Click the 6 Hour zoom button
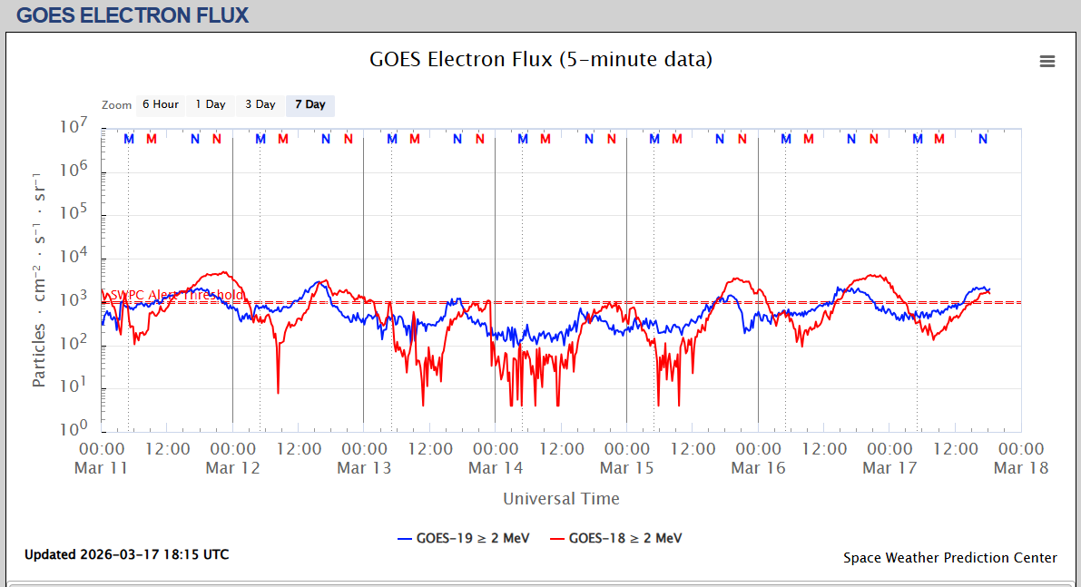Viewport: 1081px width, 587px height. pos(160,104)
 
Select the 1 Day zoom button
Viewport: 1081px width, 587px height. pos(211,104)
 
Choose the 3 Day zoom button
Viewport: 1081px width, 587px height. pos(260,104)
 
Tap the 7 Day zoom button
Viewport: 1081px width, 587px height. pos(310,104)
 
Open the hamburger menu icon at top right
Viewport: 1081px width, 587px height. pos(1047,61)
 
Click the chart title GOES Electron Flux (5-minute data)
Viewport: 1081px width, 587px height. pos(540,60)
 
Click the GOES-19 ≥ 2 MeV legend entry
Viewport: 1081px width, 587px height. pos(463,538)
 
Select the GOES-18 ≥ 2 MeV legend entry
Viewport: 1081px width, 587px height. pos(615,538)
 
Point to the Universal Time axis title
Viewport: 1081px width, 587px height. pos(561,498)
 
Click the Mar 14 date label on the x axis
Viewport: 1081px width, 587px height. pos(496,468)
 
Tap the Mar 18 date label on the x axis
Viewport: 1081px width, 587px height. pos(1021,468)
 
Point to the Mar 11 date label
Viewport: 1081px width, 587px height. pos(102,468)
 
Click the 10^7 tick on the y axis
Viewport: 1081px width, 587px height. pos(72,127)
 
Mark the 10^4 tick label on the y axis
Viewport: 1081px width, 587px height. pos(72,257)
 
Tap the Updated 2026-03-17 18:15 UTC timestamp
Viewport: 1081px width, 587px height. pos(126,554)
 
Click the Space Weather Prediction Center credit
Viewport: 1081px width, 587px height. pos(949,558)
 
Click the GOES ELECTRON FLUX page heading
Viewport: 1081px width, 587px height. pos(133,15)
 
